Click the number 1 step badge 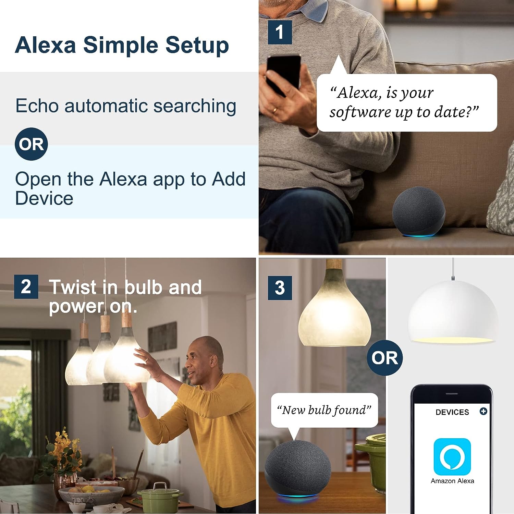(280, 32)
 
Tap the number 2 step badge (26, 286)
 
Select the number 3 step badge (280, 288)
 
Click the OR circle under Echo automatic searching (31, 144)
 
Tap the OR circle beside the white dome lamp (385, 358)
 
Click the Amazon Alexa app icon (452, 456)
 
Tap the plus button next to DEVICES (483, 411)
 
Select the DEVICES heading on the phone (452, 412)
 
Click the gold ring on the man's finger (274, 110)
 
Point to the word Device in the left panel (44, 198)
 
